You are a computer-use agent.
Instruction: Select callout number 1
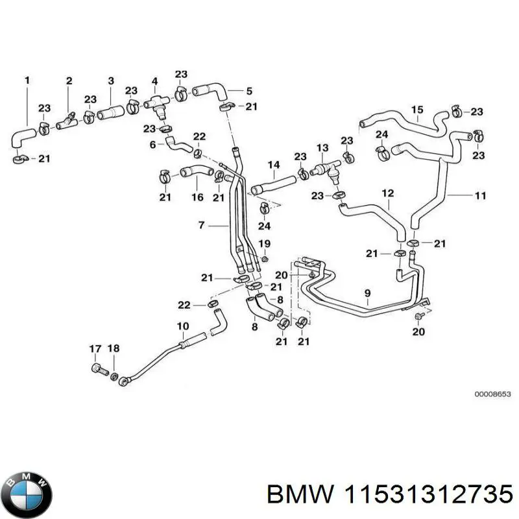click(27, 80)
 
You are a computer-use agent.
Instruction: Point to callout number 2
click(69, 80)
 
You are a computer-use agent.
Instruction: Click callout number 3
click(111, 80)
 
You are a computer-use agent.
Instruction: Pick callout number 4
click(154, 80)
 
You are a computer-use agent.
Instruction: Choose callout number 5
click(230, 91)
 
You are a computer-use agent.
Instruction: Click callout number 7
click(201, 225)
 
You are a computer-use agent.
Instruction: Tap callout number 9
click(367, 293)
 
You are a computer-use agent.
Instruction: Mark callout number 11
click(480, 195)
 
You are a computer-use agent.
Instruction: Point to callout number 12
click(387, 193)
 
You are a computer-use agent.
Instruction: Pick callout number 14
click(274, 164)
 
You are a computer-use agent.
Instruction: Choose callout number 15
click(417, 109)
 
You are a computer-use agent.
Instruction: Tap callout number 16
click(197, 197)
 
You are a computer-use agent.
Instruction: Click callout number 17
click(94, 349)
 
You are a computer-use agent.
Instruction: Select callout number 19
click(265, 243)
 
